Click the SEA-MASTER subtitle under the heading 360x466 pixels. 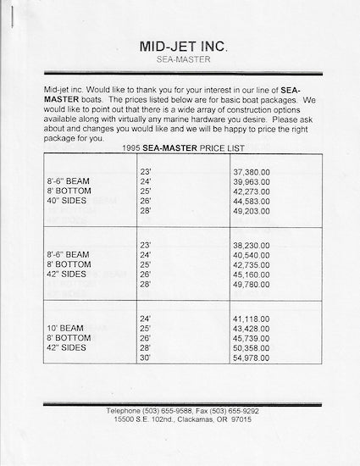tap(180, 60)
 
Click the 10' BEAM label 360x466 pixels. tap(65, 327)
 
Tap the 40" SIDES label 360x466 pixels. tap(69, 201)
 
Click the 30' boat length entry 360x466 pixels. tap(144, 359)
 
